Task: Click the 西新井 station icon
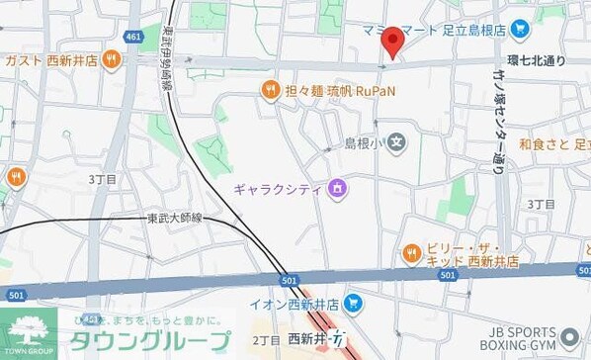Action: click(338, 340)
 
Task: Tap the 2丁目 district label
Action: click(266, 340)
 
